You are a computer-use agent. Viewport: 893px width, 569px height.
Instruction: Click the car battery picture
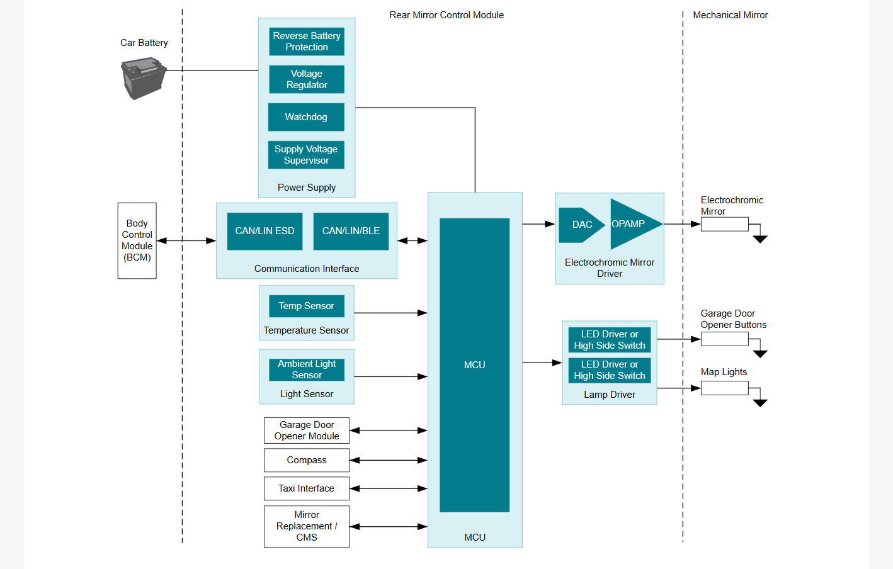(x=144, y=78)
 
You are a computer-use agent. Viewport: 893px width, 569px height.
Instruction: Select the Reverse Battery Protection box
(x=307, y=42)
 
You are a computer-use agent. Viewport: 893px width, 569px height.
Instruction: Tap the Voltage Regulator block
(x=307, y=79)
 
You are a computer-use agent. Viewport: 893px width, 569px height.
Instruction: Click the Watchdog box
(x=306, y=117)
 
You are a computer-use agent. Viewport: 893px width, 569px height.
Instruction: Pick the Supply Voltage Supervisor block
(x=306, y=155)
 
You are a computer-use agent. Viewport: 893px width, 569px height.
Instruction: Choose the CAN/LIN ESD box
(x=264, y=231)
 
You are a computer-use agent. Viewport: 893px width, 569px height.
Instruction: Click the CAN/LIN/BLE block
(x=351, y=231)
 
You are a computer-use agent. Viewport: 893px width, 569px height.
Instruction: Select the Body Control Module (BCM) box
(x=137, y=240)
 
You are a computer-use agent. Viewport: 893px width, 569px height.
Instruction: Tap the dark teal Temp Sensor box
(x=307, y=306)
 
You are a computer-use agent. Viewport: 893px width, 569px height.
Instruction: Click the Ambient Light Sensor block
(x=307, y=369)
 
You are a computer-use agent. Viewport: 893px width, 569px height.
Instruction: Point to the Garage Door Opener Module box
(x=307, y=431)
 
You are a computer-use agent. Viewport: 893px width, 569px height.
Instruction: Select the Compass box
(x=307, y=460)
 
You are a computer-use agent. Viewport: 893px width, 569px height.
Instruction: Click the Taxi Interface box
(x=307, y=488)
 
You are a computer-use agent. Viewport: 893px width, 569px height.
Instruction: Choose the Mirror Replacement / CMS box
(x=307, y=526)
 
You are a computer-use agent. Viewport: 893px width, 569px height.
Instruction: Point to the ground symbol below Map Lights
(x=760, y=403)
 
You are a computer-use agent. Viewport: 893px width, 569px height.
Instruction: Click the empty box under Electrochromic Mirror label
(x=725, y=224)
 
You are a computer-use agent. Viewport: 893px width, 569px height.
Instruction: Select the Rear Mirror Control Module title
(x=446, y=15)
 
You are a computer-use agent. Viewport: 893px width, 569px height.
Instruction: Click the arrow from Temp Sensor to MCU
(x=390, y=313)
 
